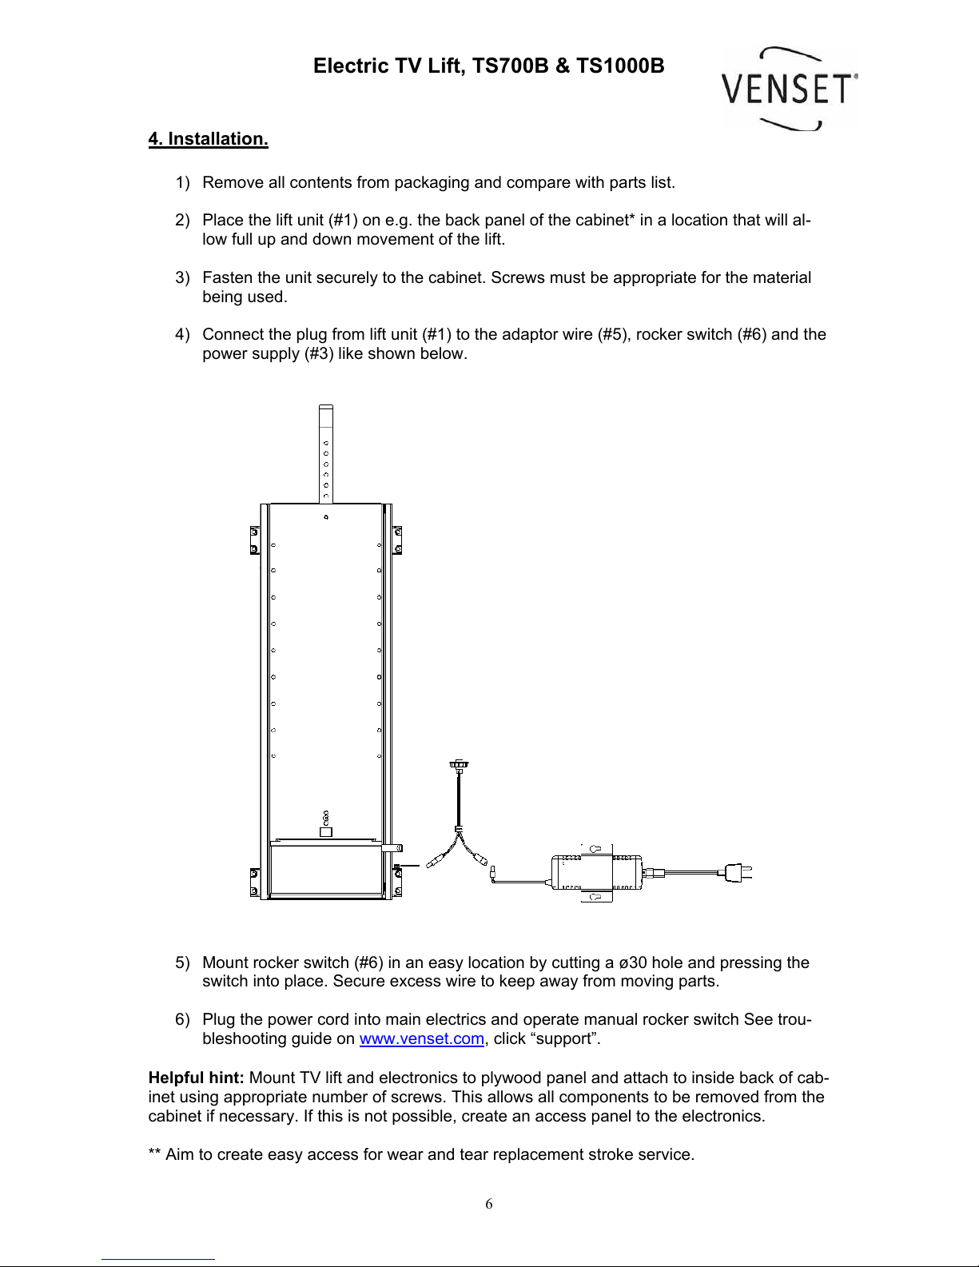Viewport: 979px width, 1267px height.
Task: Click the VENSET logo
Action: (x=788, y=88)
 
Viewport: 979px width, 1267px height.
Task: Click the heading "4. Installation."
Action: (x=208, y=139)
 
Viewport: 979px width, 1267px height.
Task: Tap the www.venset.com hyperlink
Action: (x=421, y=1039)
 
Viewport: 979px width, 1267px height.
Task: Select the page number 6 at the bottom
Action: (x=489, y=1205)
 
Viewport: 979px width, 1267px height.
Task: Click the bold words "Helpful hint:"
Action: (x=196, y=1078)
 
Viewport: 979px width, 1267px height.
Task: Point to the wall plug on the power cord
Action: (x=737, y=873)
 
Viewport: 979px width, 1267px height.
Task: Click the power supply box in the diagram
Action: (x=596, y=873)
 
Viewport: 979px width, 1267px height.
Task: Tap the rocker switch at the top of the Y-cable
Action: (x=459, y=766)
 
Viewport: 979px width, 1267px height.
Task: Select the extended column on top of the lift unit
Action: (x=325, y=454)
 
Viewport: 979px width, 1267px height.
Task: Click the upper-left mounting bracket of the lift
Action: (x=255, y=540)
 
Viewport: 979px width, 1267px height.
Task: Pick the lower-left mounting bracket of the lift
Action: (x=255, y=882)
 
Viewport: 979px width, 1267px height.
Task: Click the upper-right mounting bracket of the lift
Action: (x=396, y=540)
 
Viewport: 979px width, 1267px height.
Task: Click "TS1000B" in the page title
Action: (x=620, y=66)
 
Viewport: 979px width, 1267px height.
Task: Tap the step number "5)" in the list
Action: (x=182, y=963)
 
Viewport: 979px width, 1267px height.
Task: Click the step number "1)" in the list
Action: (x=182, y=183)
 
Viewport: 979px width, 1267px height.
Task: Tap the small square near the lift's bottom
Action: (x=325, y=832)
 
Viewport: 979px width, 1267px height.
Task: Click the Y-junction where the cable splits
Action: (x=459, y=831)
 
